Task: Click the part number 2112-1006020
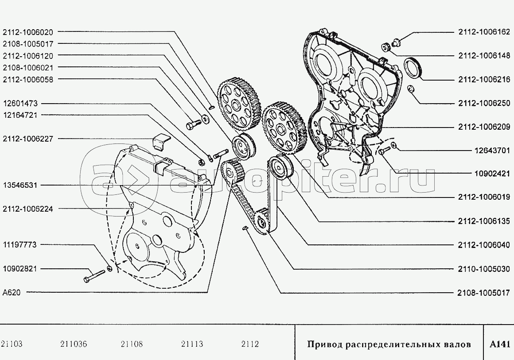[28, 32]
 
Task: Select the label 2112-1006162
[484, 32]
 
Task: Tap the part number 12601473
[20, 104]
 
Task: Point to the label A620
[12, 293]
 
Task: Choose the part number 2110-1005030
[484, 269]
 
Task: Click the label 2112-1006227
[28, 139]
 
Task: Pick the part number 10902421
[492, 173]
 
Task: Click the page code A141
[500, 344]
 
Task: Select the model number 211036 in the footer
[74, 344]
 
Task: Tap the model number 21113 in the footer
[192, 344]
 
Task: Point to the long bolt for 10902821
[94, 275]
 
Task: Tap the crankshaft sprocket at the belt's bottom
[262, 221]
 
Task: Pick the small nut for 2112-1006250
[410, 89]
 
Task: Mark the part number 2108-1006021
[28, 68]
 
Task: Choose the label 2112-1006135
[484, 221]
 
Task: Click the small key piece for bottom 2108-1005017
[244, 228]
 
